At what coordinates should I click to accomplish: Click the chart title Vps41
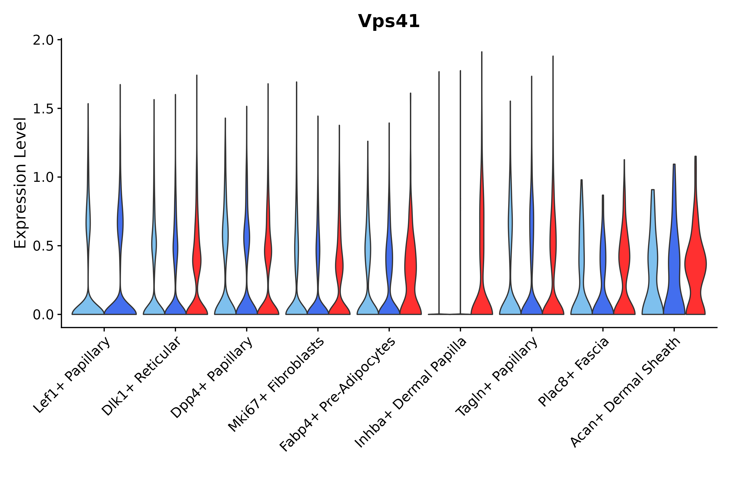(x=389, y=21)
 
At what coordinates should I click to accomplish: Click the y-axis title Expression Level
(x=20, y=183)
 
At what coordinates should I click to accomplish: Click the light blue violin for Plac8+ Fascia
(x=581, y=298)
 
